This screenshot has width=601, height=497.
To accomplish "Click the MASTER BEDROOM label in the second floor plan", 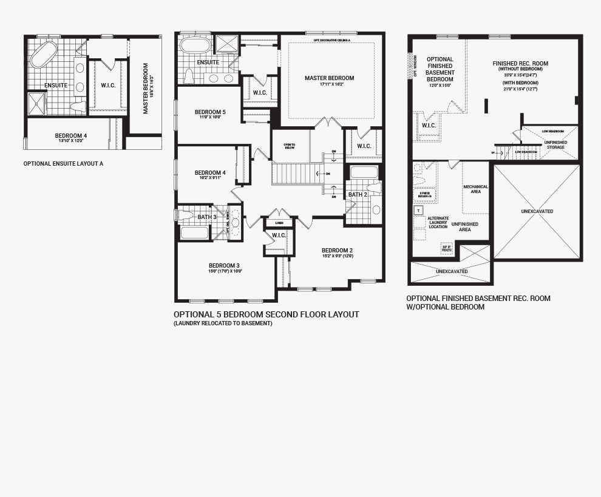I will click(x=329, y=78).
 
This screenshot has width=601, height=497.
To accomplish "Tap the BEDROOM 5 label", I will click(x=209, y=112).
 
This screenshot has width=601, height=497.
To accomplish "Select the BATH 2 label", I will click(x=357, y=195).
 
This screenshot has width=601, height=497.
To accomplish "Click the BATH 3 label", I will click(x=206, y=217).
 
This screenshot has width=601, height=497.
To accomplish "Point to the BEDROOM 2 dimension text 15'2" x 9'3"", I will click(x=337, y=256).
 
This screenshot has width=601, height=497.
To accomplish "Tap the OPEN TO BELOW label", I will click(x=289, y=146).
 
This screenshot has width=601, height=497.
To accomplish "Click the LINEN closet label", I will click(x=279, y=223).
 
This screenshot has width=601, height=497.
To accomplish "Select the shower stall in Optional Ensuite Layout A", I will click(x=36, y=103).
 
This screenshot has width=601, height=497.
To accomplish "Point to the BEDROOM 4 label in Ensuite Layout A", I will click(x=70, y=135).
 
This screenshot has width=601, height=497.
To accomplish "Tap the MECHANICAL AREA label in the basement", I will click(x=475, y=189).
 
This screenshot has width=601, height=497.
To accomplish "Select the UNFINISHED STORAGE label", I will click(x=555, y=144).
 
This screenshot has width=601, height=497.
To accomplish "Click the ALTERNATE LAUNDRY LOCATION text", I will click(x=438, y=222).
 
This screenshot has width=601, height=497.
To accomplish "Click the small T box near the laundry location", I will click(x=418, y=211).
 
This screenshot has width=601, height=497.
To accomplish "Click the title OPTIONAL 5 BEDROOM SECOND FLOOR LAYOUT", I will click(x=266, y=314).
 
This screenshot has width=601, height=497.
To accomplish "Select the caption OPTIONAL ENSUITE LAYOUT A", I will click(x=63, y=164).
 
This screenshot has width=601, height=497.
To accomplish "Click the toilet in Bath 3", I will click(x=185, y=215).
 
